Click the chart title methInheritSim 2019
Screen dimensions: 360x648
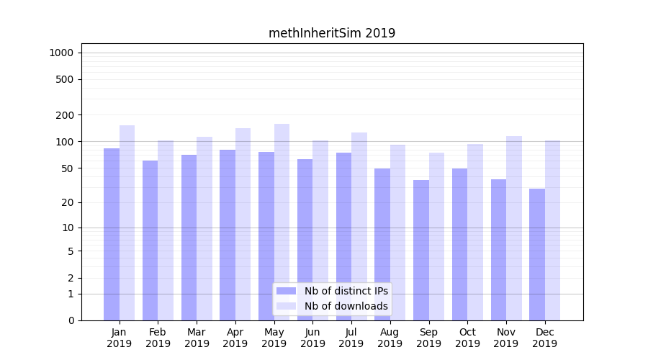(x=332, y=33)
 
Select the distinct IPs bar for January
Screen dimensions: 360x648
(x=112, y=234)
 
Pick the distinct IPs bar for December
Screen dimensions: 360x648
(x=537, y=254)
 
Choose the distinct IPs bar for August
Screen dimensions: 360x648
(x=382, y=244)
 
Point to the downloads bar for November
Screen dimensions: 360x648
(x=513, y=228)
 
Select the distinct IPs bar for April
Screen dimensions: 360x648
(x=228, y=235)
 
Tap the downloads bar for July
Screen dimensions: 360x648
(x=359, y=226)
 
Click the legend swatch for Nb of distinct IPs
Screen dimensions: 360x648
(x=287, y=291)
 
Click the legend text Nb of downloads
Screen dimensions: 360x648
(x=346, y=306)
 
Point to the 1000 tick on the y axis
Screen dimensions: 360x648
(x=61, y=53)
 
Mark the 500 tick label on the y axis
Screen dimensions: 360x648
(x=64, y=79)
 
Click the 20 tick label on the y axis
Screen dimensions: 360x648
(x=67, y=202)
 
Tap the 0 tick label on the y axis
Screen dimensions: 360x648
(x=71, y=320)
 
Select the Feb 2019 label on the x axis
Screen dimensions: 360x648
(x=158, y=338)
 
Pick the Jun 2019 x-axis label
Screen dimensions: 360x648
(x=312, y=338)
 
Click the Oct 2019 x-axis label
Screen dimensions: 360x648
(x=467, y=338)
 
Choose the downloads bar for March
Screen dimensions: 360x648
(x=204, y=228)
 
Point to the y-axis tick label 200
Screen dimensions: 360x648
(x=64, y=115)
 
